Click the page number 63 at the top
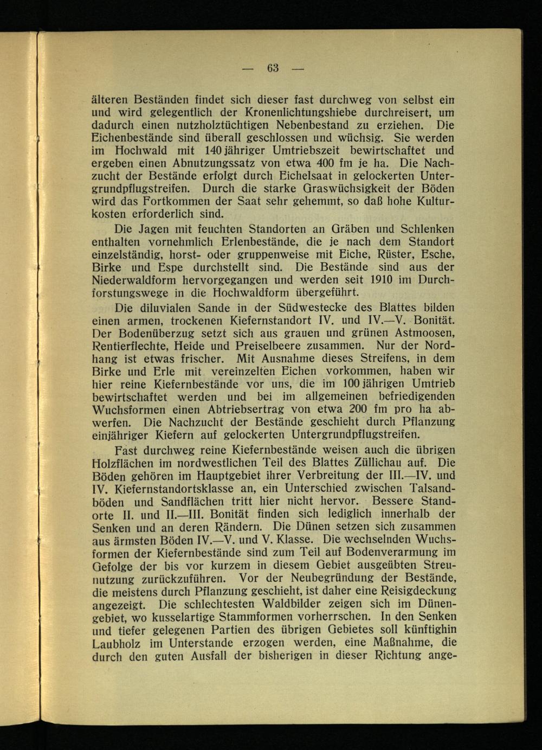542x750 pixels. click(x=273, y=68)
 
